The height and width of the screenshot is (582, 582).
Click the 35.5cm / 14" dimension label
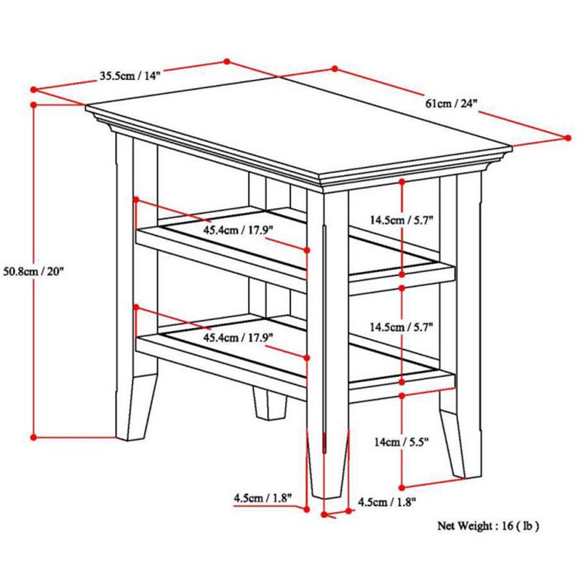130,76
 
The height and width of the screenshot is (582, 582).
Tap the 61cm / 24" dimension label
451,103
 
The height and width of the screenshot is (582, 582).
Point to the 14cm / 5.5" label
402,442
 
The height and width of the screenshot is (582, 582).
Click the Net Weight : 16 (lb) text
488,525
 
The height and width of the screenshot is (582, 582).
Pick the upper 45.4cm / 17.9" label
238,230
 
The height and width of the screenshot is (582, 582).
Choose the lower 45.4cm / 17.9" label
238,338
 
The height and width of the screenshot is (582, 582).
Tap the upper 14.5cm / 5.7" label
402,220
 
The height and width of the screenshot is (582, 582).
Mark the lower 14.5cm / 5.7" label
402,327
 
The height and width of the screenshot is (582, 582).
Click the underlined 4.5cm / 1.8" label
263,498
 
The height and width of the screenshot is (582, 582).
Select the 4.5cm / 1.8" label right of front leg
387,502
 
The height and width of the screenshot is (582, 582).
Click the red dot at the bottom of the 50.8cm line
33,438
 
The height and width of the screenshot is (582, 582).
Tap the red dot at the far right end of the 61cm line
567,137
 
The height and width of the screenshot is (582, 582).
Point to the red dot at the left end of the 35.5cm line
33,89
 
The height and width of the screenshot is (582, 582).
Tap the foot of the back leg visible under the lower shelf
270,404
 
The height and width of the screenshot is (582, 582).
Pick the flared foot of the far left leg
136,407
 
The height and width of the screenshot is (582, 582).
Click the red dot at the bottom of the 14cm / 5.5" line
402,487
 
